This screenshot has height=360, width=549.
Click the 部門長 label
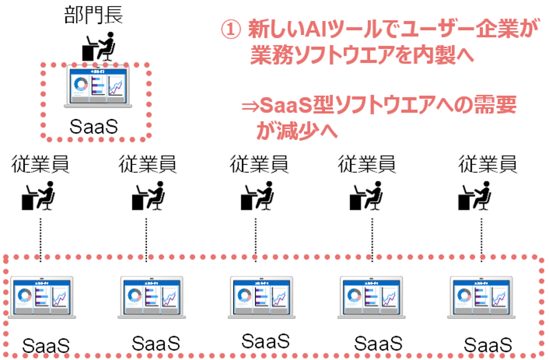[x=93, y=14]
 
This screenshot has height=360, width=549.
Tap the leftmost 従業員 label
[x=40, y=162]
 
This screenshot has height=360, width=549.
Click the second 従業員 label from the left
[x=146, y=162]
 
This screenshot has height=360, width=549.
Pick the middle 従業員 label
[x=258, y=162]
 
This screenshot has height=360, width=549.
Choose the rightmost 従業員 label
[x=486, y=162]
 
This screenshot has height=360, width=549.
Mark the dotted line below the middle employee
[x=255, y=238]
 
